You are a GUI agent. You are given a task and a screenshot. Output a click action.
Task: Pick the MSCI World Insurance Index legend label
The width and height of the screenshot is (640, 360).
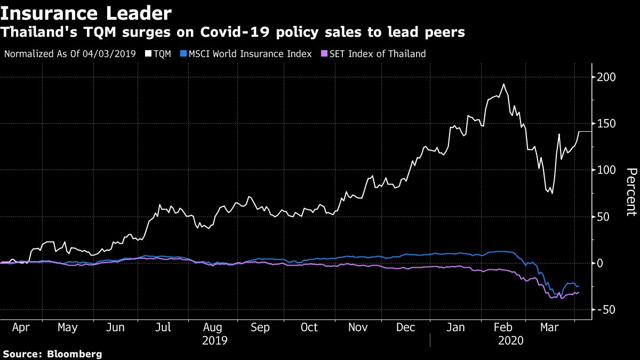pos(250,54)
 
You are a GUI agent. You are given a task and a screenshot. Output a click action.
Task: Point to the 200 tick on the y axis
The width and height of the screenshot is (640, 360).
pos(606,77)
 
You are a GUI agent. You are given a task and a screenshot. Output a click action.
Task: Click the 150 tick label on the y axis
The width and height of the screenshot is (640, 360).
pos(606,124)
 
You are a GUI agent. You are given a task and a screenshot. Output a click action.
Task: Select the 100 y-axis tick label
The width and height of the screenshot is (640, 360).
pos(606,170)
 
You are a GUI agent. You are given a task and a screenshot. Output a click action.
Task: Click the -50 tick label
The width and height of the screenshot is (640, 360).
pos(605,310)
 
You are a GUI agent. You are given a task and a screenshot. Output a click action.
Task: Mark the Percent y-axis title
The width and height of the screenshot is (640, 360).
pos(631,192)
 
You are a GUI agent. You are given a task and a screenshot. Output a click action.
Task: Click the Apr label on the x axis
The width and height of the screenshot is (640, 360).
pos(20,327)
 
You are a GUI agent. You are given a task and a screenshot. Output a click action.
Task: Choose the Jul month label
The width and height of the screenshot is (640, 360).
pos(163,327)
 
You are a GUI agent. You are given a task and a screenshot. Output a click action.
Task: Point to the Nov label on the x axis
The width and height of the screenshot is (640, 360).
pos(358,327)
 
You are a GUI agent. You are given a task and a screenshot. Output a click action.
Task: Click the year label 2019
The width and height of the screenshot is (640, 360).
pos(215,340)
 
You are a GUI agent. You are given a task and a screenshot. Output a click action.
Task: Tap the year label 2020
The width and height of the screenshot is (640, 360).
pos(510,340)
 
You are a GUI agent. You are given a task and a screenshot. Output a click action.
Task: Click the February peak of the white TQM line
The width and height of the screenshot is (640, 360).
pos(503,84)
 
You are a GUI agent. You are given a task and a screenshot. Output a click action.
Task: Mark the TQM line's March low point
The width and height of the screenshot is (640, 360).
pos(551,193)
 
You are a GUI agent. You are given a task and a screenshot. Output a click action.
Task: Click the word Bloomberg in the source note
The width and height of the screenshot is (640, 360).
pos(75,354)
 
